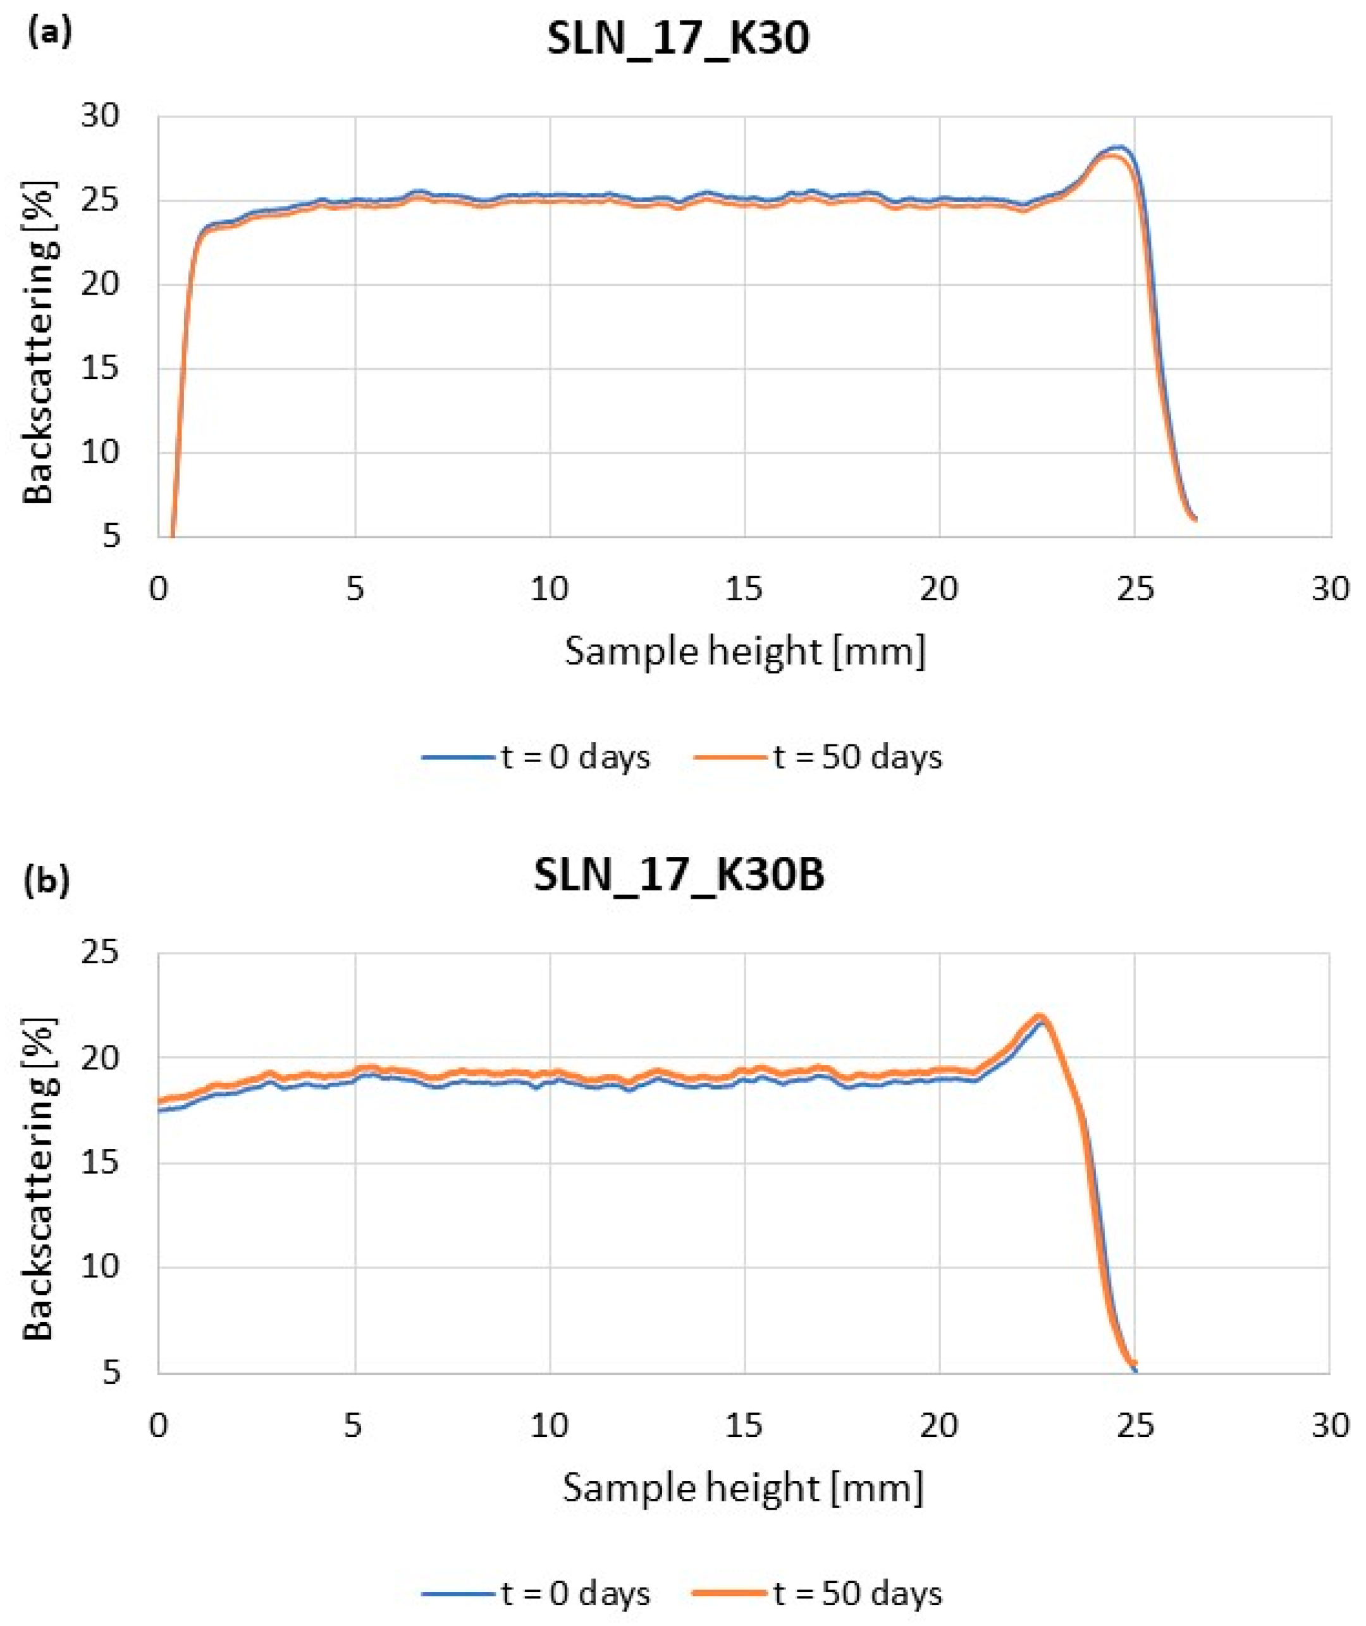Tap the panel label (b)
point(48,880)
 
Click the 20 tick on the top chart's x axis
point(938,590)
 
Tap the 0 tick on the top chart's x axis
point(159,590)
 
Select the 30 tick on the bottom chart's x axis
point(1329,1426)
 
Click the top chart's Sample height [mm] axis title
point(745,651)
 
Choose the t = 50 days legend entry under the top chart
point(818,756)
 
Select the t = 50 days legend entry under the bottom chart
point(818,1594)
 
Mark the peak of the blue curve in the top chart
point(1119,146)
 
